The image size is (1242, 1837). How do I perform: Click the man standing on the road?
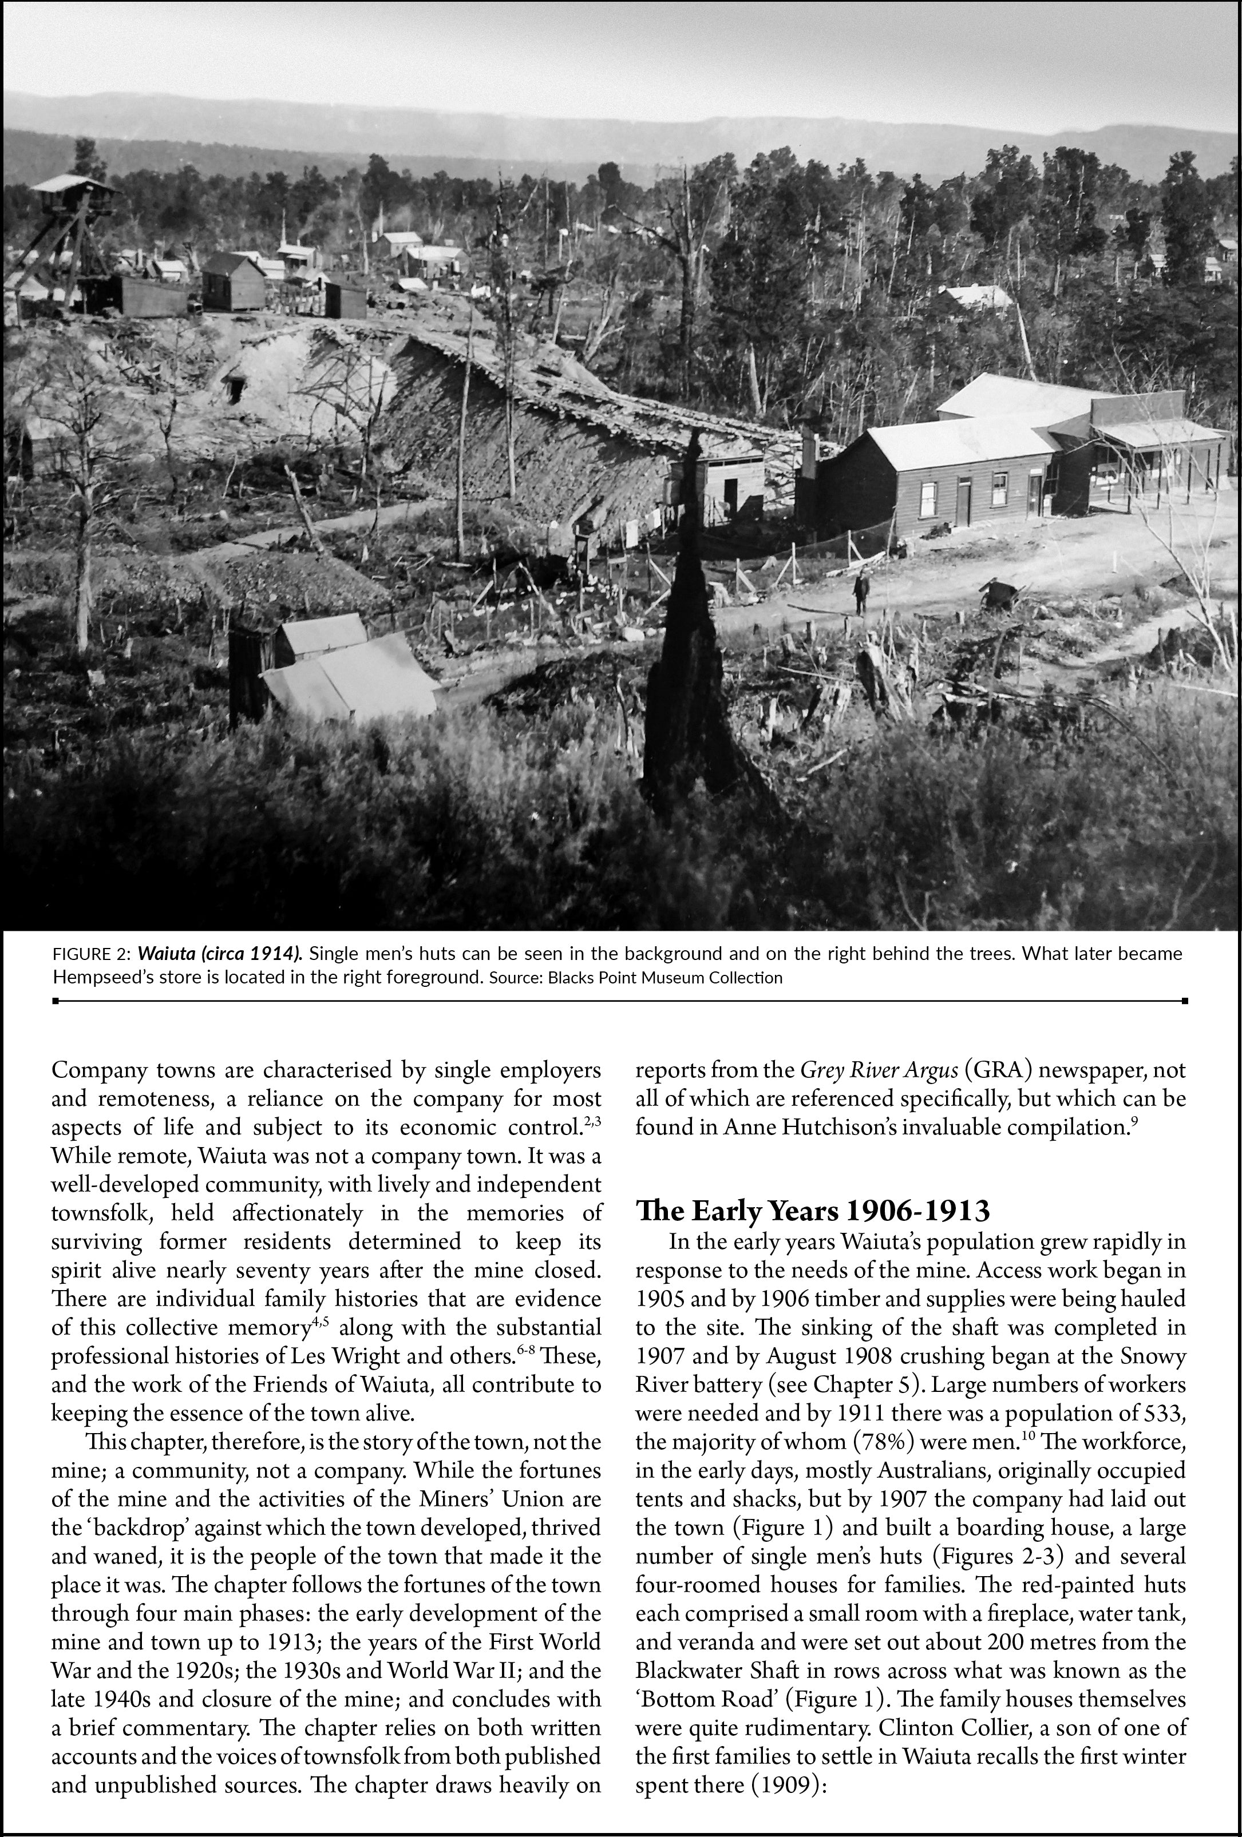(x=859, y=593)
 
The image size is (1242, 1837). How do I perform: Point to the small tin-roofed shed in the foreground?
(x=348, y=672)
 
